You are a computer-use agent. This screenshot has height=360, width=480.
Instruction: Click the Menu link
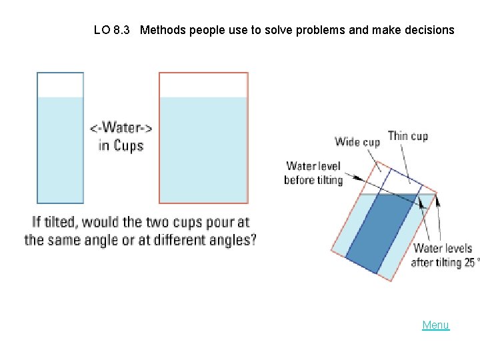pyautogui.click(x=435, y=325)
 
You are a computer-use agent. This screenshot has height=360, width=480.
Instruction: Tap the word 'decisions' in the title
pyautogui.click(x=428, y=30)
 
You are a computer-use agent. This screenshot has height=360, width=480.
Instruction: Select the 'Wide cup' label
pyautogui.click(x=357, y=141)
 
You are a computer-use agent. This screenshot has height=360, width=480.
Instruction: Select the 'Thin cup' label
pyautogui.click(x=407, y=136)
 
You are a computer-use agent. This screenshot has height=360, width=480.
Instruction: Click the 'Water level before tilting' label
pyautogui.click(x=313, y=173)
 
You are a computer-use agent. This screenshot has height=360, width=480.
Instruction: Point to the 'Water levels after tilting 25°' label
pyautogui.click(x=443, y=255)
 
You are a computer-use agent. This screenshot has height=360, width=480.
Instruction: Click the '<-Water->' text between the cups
pyautogui.click(x=121, y=128)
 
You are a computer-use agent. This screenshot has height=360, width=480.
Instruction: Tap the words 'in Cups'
pyautogui.click(x=121, y=145)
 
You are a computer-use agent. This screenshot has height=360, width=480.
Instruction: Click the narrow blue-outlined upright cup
pyautogui.click(x=60, y=147)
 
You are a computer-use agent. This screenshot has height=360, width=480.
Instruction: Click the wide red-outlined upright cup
pyautogui.click(x=203, y=147)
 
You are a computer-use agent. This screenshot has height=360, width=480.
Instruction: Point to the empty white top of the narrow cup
pyautogui.click(x=60, y=85)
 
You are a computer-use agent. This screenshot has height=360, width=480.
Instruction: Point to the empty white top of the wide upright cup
pyautogui.click(x=203, y=85)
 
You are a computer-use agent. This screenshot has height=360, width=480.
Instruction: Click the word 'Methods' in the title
pyautogui.click(x=163, y=30)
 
